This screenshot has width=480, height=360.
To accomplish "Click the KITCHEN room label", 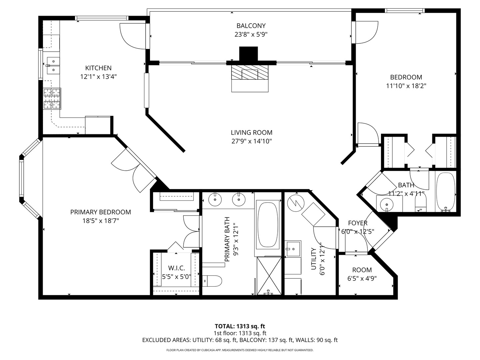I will (x=98, y=68).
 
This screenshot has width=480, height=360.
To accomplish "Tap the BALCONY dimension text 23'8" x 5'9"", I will (x=251, y=34).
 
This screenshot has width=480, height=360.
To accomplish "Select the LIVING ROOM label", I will (x=252, y=132).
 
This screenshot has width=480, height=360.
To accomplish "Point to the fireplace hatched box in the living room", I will (x=250, y=72).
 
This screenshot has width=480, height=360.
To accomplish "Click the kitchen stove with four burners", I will (x=52, y=99).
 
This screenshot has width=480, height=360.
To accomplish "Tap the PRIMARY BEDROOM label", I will (x=100, y=212).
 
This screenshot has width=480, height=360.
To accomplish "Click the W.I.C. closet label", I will (x=176, y=268).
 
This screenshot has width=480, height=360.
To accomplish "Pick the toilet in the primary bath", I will (x=212, y=281).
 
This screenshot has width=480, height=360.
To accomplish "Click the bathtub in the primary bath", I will (x=267, y=224).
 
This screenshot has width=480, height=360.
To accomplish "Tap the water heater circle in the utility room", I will (x=295, y=202).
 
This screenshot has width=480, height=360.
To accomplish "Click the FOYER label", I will (x=358, y=223).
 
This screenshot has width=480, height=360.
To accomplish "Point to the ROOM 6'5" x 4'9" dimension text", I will (x=362, y=278).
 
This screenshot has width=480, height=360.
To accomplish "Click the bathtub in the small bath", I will (x=445, y=192).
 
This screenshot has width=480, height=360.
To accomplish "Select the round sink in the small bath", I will (x=387, y=203).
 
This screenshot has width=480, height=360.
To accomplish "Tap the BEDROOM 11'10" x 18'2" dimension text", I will (x=406, y=86).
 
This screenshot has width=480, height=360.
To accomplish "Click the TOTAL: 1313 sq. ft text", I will (x=240, y=326).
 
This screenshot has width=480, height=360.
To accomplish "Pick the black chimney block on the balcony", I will (x=249, y=54).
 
